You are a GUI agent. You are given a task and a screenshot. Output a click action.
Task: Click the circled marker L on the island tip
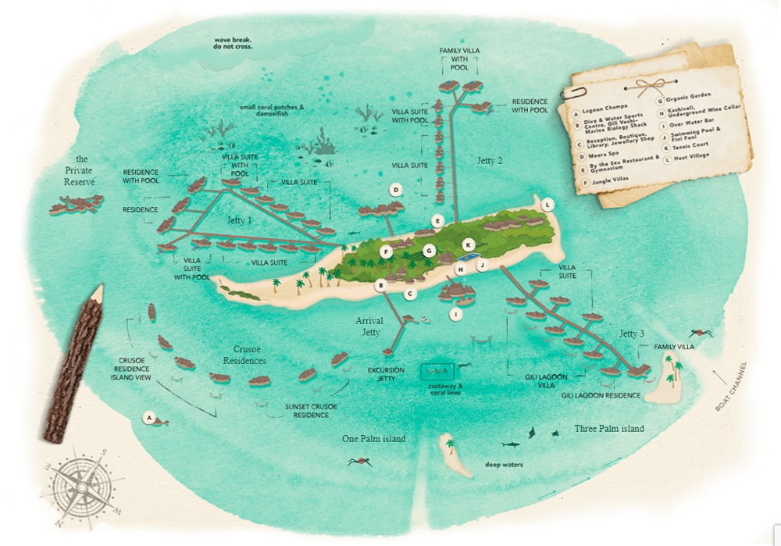point(548,204)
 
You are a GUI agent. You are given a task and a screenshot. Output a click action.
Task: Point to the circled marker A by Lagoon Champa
point(148,418)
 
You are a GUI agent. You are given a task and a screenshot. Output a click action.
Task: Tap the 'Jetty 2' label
point(490,160)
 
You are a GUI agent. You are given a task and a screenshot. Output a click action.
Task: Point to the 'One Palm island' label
point(373,439)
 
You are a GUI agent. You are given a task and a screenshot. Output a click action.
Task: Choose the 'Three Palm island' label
point(609,429)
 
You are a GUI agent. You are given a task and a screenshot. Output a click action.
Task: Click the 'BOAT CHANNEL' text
point(731,387)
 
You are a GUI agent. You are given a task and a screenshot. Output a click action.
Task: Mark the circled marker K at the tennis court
point(469,244)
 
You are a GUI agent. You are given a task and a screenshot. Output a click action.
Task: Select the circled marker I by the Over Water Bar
point(455,314)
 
